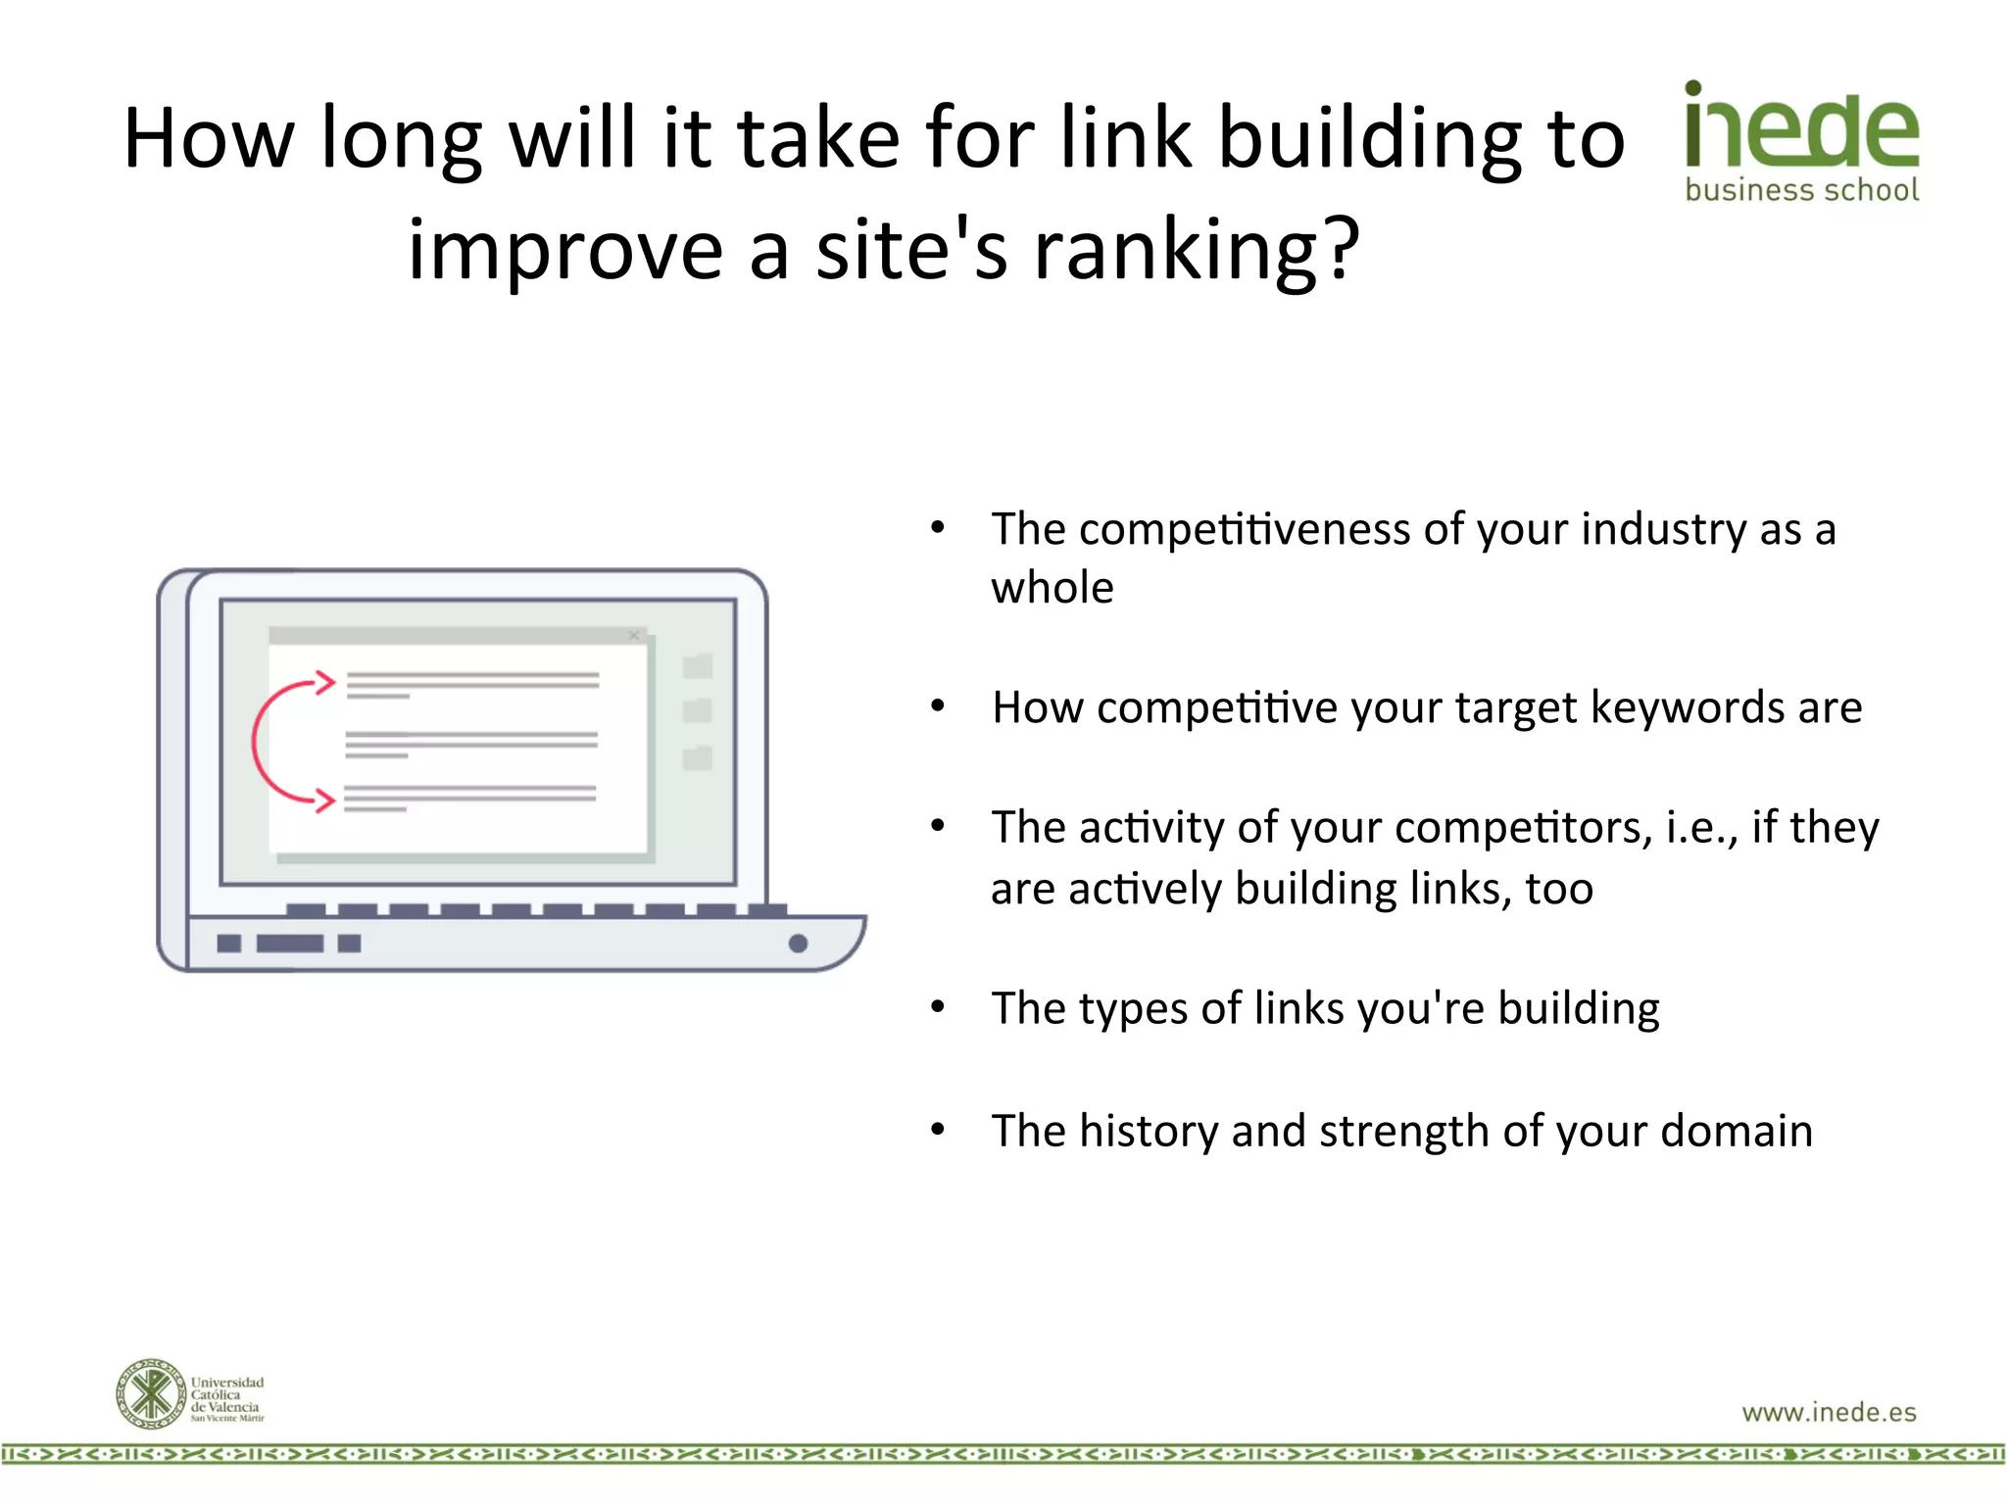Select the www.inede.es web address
pyautogui.click(x=1829, y=1412)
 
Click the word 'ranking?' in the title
pyautogui.click(x=1198, y=250)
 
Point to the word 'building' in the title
pyautogui.click(x=1370, y=138)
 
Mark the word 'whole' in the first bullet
pyautogui.click(x=1052, y=588)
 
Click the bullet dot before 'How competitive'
pyautogui.click(x=938, y=705)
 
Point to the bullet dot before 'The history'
pyautogui.click(x=938, y=1130)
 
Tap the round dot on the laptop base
pyautogui.click(x=798, y=944)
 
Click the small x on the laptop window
pyautogui.click(x=634, y=636)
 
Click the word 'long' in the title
pyautogui.click(x=402, y=138)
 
